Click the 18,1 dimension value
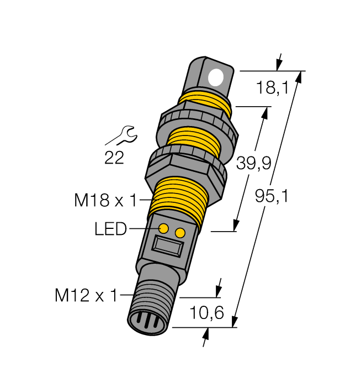pos(273,87)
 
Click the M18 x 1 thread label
pos(105,201)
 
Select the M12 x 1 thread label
pos(86,296)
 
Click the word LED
pos(111,228)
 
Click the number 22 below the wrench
pos(114,159)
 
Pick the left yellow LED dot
pos(164,228)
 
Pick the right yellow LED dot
pos(179,233)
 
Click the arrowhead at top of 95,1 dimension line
pos(300,77)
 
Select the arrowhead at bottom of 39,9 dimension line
pos(236,226)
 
